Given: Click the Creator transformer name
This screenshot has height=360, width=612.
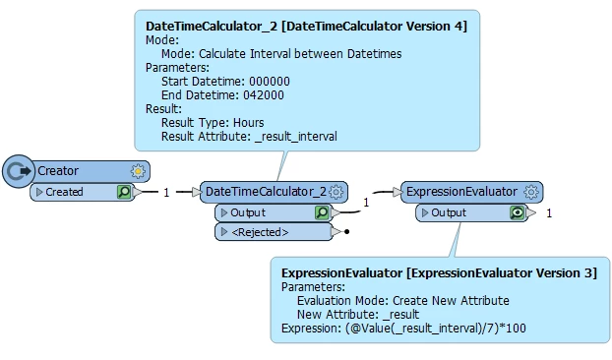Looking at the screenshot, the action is tap(58, 171).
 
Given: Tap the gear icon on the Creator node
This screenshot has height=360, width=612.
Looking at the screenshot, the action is tap(138, 171).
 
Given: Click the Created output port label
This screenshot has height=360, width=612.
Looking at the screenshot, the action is tap(65, 192).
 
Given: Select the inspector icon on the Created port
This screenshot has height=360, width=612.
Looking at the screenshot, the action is tap(124, 192).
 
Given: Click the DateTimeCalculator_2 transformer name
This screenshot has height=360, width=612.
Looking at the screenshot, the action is tap(264, 192).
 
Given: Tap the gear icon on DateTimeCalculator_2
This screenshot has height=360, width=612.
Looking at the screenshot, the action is tap(337, 192).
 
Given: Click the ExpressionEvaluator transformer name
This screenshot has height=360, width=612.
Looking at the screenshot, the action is tap(461, 192).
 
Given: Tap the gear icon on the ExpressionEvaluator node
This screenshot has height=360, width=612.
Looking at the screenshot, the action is tap(531, 192).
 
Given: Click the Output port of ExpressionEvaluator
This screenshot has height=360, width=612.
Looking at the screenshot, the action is tap(449, 212).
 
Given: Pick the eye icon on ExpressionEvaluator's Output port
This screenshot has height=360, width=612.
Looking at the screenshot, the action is tap(517, 212).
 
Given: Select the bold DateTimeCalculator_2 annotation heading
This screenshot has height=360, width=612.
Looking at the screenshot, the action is tap(306, 24).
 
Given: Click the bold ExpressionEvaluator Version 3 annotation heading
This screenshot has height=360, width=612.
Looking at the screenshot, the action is tap(439, 272).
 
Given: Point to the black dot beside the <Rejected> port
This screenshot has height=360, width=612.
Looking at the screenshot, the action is tap(347, 232).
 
